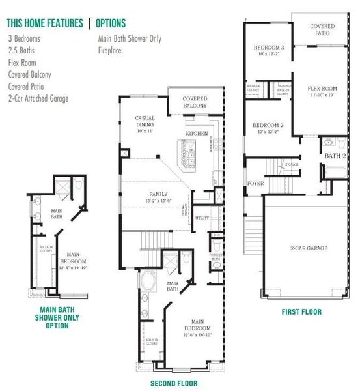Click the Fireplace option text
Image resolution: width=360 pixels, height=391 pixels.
click(x=111, y=50)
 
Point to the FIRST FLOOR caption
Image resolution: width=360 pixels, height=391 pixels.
click(x=301, y=312)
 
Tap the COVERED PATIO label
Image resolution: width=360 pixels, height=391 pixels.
click(x=322, y=29)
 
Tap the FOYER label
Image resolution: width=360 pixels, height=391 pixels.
click(x=255, y=184)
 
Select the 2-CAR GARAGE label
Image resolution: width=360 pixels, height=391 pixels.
click(x=309, y=248)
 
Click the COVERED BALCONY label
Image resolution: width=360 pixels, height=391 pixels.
click(x=194, y=103)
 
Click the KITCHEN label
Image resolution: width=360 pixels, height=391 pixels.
click(x=197, y=133)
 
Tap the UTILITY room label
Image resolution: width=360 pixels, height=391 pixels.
click(x=202, y=218)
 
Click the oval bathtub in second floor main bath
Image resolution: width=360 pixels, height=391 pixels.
click(x=149, y=284)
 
